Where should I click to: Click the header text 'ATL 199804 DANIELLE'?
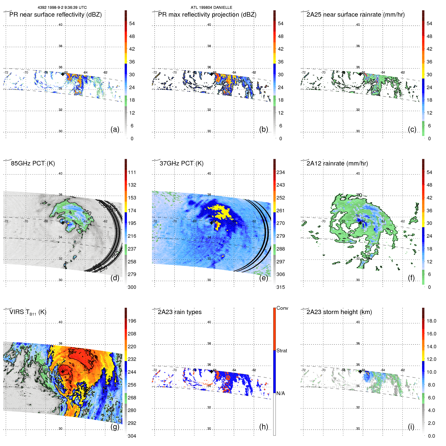coord(211,8)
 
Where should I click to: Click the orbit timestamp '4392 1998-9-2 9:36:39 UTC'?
coord(62,8)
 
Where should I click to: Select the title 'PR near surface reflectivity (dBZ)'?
coord(55,15)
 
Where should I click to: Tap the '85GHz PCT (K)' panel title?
coord(33,163)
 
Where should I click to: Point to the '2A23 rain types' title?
coord(180,312)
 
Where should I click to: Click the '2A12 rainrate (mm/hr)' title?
coord(337,163)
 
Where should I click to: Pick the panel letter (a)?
coord(115,129)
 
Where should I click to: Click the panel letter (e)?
coord(263,278)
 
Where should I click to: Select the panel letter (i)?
coord(411,427)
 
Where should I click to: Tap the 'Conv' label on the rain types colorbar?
coord(282,308)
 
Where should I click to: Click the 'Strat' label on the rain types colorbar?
coord(282,351)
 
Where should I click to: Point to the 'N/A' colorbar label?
coord(281,393)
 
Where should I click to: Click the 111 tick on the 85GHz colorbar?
coord(132,173)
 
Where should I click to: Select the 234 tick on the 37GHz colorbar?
coord(281,173)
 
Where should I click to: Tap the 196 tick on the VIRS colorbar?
coord(132,321)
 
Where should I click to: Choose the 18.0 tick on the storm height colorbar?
coord(431,321)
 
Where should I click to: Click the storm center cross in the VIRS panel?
coord(63,371)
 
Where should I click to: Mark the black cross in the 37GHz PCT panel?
coord(212,223)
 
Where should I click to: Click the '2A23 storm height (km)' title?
coord(339,312)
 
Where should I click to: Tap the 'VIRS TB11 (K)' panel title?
coord(28,312)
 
